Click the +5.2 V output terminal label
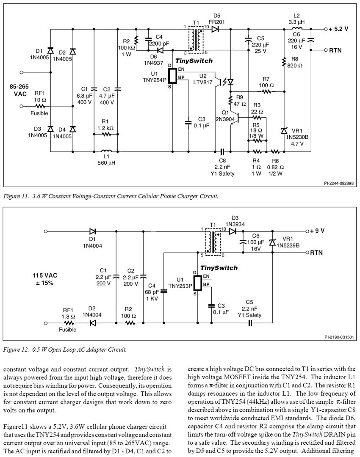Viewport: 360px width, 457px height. (338, 29)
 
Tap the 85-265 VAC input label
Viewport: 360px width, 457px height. (19, 91)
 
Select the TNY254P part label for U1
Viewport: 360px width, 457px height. (154, 80)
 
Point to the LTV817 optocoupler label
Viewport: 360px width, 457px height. (203, 82)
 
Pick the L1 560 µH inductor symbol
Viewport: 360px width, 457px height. (106, 151)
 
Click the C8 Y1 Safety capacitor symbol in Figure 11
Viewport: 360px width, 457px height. (222, 151)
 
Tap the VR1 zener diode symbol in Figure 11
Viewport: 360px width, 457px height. (284, 131)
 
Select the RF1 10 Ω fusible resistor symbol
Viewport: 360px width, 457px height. (40, 106)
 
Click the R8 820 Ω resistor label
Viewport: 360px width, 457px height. (295, 62)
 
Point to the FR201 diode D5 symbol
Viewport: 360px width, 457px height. (215, 29)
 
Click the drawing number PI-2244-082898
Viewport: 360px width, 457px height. (339, 183)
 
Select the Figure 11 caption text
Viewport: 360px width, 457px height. (111, 196)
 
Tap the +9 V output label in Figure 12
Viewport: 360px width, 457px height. (317, 231)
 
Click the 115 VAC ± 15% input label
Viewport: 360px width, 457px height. (44, 279)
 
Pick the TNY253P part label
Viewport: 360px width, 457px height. (180, 286)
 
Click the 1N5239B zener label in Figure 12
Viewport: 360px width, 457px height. (288, 245)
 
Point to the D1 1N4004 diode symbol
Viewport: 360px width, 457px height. (92, 231)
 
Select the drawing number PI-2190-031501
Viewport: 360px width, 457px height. (339, 337)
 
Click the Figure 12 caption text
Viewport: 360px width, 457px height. (65, 350)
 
